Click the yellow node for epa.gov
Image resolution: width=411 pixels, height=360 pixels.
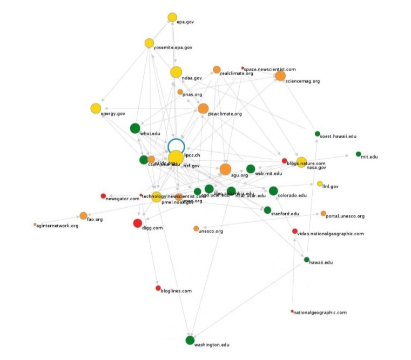[x=172, y=17]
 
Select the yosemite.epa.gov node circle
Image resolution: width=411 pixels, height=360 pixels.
[x=149, y=43]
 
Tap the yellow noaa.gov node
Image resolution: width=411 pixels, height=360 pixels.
[x=176, y=72]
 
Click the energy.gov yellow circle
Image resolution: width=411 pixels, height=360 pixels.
[x=96, y=108]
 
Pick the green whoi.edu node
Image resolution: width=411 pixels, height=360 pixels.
[x=135, y=128]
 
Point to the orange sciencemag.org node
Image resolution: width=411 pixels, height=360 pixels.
[x=280, y=76]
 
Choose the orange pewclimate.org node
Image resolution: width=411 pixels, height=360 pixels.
[x=203, y=108]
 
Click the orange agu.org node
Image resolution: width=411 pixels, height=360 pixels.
[x=225, y=169]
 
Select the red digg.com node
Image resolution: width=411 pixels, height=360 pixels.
[x=137, y=223]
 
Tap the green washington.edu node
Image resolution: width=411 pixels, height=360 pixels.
[x=190, y=340]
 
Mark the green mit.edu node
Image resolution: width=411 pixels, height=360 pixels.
[x=358, y=154]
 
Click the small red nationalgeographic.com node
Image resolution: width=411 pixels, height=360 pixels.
[x=292, y=311]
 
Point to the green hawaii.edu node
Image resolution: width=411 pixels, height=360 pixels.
[x=307, y=260]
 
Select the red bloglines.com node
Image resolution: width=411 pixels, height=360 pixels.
[x=158, y=288]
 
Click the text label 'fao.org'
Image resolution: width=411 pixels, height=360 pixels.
[x=95, y=220]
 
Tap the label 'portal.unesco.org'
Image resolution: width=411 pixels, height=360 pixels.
[x=346, y=216]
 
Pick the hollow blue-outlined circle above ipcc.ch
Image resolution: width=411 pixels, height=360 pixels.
[x=176, y=146]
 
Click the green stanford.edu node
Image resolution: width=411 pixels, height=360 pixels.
[x=267, y=210]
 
